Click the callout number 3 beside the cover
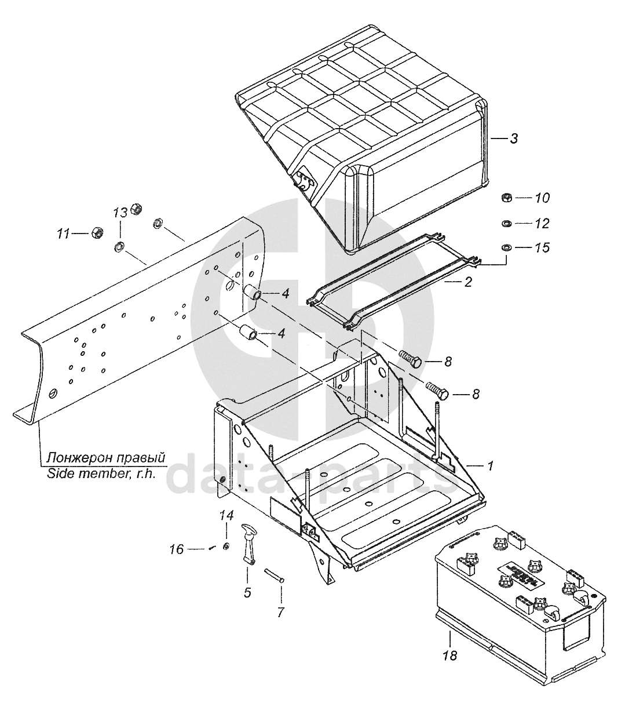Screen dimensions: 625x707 click(x=513, y=139)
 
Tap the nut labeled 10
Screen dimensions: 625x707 click(x=505, y=198)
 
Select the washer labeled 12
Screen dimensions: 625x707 click(x=505, y=223)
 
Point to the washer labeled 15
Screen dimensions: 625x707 click(x=505, y=248)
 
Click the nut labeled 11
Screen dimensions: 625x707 click(x=97, y=232)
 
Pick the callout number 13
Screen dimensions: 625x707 click(x=120, y=213)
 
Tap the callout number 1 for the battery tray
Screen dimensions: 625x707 click(x=490, y=465)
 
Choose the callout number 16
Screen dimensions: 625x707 click(x=177, y=549)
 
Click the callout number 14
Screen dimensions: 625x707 click(x=226, y=515)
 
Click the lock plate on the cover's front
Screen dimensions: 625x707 click(x=305, y=181)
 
